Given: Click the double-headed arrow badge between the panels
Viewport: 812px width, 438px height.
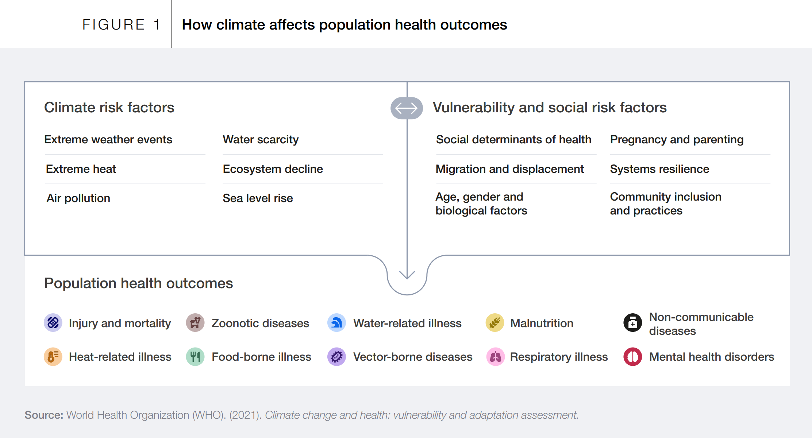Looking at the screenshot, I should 407,108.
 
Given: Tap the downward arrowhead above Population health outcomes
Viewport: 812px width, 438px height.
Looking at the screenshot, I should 407,275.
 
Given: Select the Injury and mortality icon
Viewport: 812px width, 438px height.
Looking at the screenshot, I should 53,323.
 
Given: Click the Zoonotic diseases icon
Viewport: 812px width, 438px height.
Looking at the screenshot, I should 195,323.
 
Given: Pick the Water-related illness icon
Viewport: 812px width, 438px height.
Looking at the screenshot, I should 336,323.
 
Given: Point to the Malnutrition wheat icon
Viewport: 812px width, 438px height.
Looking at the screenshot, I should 494,323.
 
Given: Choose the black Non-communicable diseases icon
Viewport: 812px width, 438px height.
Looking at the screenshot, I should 632,323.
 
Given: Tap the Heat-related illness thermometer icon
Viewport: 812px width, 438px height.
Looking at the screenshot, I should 53,357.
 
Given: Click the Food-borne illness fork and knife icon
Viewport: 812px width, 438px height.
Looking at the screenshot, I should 195,357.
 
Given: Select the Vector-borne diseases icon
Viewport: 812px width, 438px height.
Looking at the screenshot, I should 336,357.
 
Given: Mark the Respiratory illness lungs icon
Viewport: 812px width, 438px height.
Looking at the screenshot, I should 495,357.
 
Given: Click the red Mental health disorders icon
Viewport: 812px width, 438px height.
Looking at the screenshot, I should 632,357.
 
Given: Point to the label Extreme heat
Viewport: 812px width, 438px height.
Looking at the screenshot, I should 81,169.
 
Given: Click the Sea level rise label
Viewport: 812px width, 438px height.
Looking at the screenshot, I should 258,198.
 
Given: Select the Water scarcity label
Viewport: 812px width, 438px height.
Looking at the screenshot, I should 261,140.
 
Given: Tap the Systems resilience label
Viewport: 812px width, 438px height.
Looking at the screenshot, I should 659,169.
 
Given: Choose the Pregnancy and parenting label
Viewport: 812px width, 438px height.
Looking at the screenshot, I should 677,140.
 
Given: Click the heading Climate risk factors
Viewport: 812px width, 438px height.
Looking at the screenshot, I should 109,108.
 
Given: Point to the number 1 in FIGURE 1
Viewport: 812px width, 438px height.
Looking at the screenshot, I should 157,25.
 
